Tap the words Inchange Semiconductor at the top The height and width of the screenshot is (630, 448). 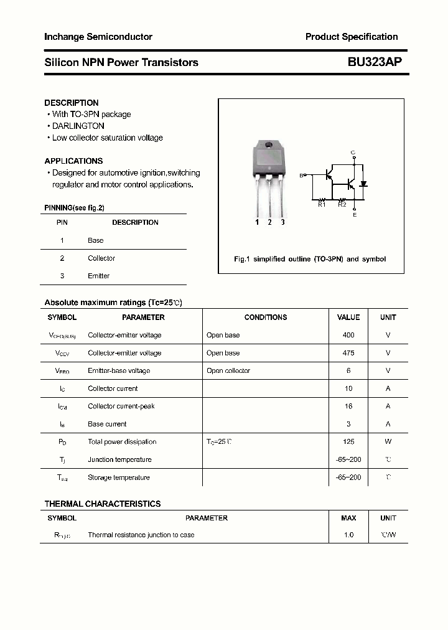click(98, 37)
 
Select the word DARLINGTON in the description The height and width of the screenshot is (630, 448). click(78, 126)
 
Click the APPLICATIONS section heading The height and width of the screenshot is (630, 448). click(73, 161)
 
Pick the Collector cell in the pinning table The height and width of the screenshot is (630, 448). click(101, 258)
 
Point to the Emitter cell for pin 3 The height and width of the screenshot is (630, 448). click(98, 276)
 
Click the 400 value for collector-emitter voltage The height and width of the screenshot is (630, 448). click(348, 335)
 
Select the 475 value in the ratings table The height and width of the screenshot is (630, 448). click(348, 353)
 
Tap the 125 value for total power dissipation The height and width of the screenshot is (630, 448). click(348, 442)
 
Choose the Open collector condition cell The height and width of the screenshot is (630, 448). click(228, 371)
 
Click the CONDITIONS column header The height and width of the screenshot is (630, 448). click(266, 317)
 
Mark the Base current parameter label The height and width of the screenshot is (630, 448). click(107, 424)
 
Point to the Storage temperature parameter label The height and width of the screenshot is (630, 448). click(119, 477)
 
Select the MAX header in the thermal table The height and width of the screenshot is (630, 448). click(348, 518)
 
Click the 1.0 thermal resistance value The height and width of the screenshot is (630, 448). click(348, 535)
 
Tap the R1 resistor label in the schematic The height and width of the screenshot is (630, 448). click(322, 204)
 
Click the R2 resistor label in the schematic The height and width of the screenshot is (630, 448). click(342, 204)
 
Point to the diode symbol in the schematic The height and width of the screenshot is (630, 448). click(364, 184)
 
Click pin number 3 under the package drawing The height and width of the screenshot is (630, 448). click(282, 222)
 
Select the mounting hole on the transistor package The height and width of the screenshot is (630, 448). click(269, 146)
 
